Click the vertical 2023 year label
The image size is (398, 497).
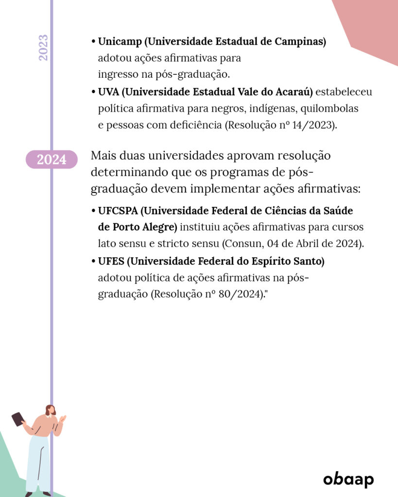(x=43, y=48)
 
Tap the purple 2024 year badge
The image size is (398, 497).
(x=52, y=159)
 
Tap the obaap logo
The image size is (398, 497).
(x=348, y=480)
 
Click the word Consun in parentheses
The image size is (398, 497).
(x=242, y=244)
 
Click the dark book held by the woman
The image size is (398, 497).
(x=17, y=418)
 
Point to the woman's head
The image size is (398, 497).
(x=50, y=410)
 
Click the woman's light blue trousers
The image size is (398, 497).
(x=38, y=464)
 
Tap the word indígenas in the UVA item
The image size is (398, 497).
(x=273, y=108)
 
